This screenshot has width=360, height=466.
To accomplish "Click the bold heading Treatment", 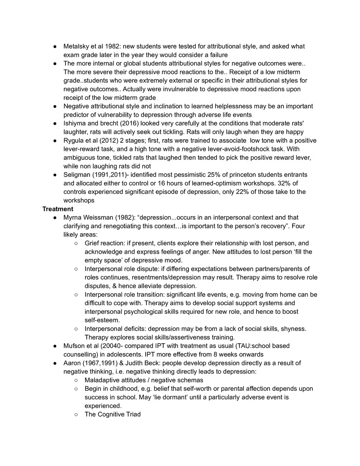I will [x=58, y=209].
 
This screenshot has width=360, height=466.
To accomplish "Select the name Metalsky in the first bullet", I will [x=76, y=46].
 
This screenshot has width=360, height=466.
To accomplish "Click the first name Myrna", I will [x=73, y=217].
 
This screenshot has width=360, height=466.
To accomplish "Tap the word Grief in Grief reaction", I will [x=93, y=243].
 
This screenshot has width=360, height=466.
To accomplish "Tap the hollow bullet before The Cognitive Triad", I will [x=76, y=414].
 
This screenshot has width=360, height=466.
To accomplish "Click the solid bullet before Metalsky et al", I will [x=54, y=47].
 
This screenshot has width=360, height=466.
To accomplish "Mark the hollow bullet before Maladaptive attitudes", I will [x=76, y=380].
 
